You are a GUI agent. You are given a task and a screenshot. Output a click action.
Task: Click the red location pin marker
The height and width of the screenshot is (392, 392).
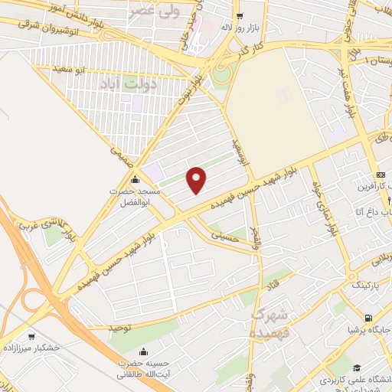198,180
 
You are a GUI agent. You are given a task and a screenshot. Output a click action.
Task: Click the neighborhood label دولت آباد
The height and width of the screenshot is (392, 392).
146,84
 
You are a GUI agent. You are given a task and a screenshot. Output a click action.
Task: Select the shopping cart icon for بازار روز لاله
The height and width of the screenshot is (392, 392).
240,16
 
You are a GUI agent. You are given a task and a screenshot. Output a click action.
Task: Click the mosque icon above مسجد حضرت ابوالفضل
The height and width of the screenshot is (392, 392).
135,181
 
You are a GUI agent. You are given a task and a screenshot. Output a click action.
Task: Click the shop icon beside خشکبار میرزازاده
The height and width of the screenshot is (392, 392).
31,336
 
